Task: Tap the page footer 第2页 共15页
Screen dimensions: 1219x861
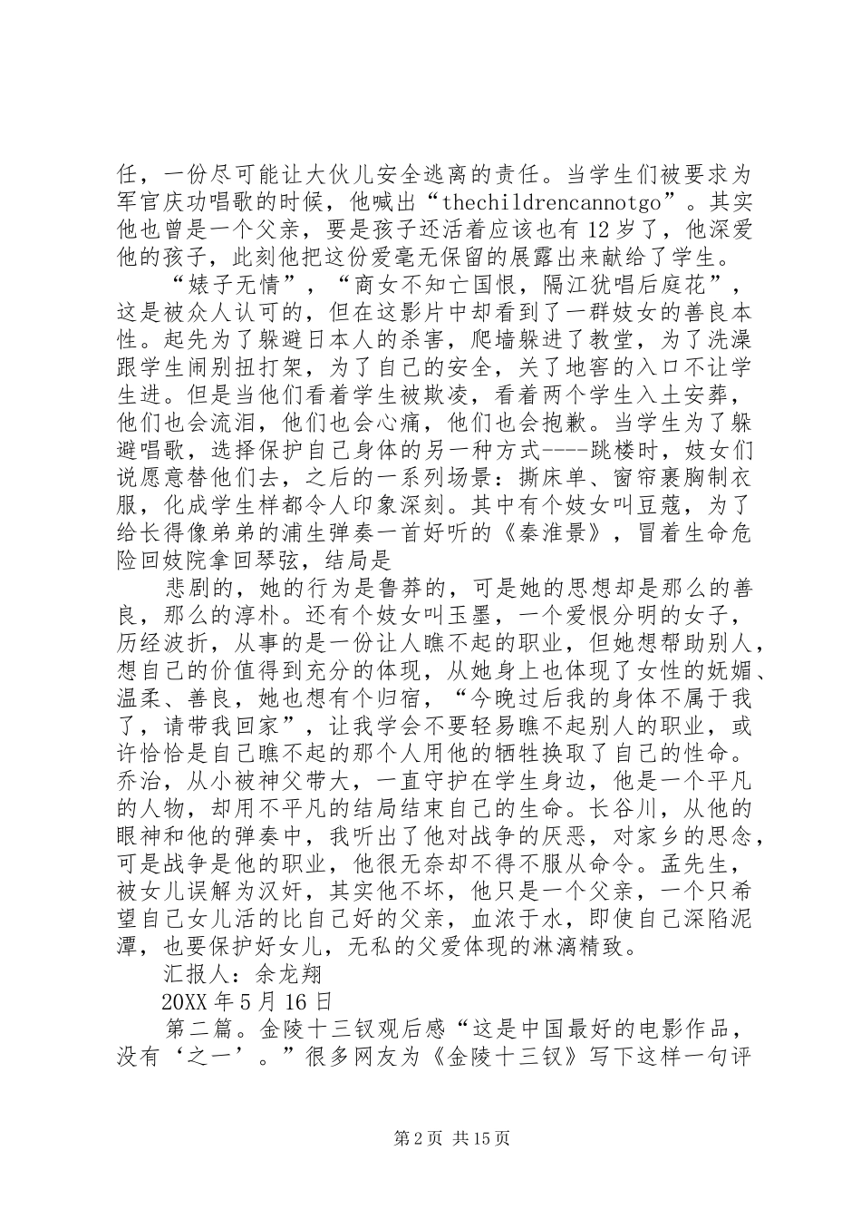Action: point(430,1137)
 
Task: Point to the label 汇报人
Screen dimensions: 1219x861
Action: point(196,974)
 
